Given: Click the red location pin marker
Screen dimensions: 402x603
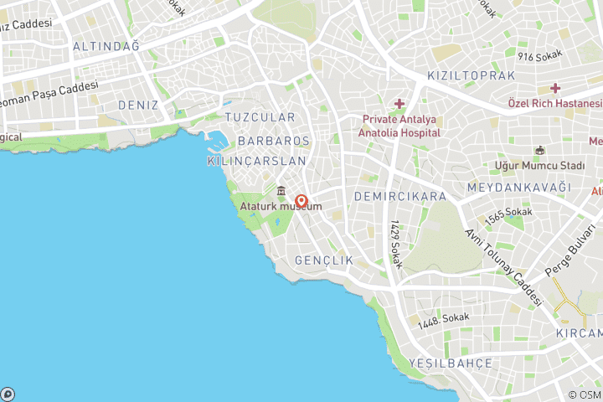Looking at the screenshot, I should tap(301, 202).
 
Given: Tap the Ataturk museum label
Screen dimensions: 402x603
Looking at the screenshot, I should tap(281, 207).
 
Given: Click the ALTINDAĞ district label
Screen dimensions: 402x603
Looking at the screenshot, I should tap(106, 46).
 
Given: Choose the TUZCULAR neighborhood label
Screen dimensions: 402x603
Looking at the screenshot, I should tap(260, 117).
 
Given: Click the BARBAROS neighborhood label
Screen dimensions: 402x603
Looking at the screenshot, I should tap(274, 141).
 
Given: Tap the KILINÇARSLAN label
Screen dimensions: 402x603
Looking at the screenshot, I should tap(256, 160).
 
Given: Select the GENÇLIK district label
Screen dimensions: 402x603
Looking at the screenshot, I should tap(324, 261).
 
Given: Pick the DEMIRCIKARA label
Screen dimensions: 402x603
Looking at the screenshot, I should tap(400, 197).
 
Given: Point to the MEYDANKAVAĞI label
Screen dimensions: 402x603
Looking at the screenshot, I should tap(519, 187).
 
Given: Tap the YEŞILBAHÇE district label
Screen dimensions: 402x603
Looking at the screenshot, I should tap(451, 363).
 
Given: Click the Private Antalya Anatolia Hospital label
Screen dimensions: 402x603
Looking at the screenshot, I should tap(400, 126).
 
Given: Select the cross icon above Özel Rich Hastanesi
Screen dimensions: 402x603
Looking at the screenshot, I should tap(555, 88).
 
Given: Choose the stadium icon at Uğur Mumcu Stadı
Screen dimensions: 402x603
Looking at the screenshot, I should tap(540, 151).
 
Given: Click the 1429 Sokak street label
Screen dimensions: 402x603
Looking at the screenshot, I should tap(396, 245).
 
